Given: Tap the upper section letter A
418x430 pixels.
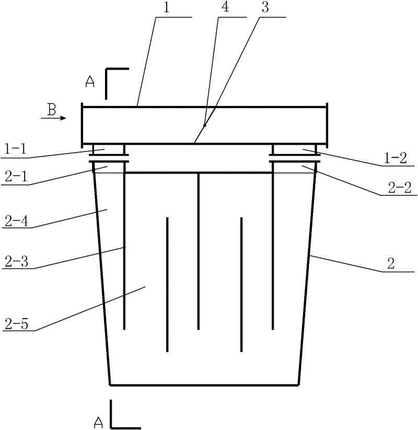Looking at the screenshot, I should (x=90, y=83).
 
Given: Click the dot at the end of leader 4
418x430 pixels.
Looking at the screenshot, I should (x=205, y=125).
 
